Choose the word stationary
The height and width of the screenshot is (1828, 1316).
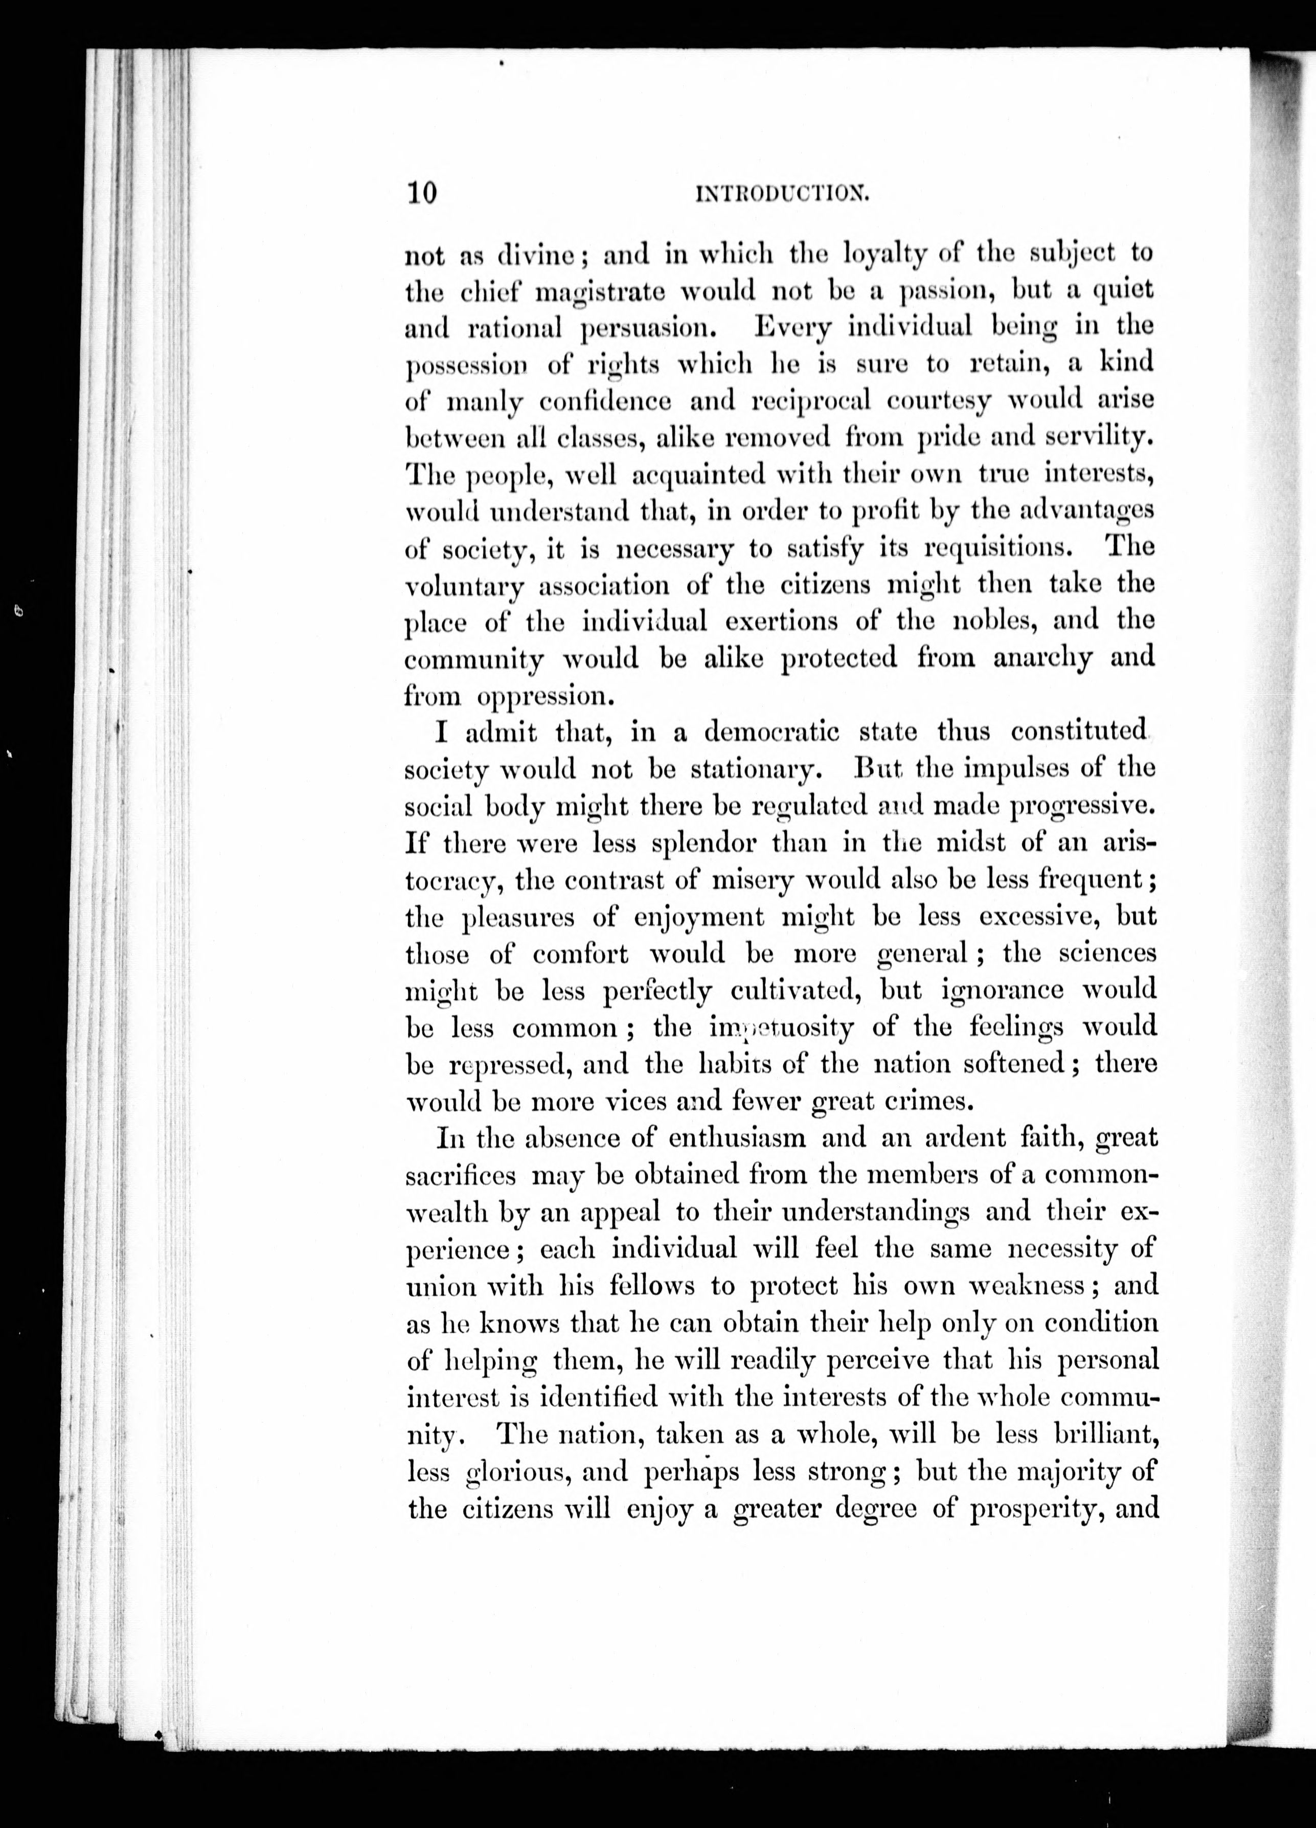point(756,769)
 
